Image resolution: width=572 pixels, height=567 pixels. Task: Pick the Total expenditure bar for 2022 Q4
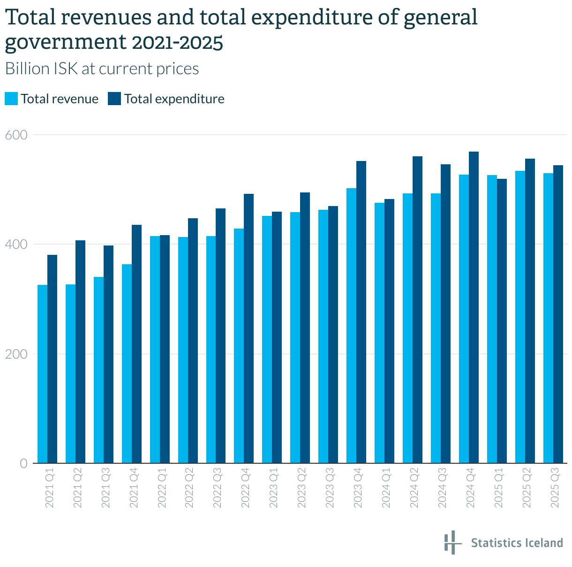(248, 329)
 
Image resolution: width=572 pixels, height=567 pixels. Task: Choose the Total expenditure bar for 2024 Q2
(417, 310)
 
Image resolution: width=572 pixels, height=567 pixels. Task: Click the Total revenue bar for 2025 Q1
(492, 319)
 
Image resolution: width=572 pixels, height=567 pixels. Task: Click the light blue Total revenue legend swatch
(11, 99)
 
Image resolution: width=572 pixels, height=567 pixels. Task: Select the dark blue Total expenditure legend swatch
(114, 99)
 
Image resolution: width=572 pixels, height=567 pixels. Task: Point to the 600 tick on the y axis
(16, 135)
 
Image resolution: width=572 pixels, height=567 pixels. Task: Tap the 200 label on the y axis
(16, 354)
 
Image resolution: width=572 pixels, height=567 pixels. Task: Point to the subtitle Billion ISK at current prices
(102, 69)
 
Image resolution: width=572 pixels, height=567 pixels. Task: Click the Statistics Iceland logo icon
(450, 543)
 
